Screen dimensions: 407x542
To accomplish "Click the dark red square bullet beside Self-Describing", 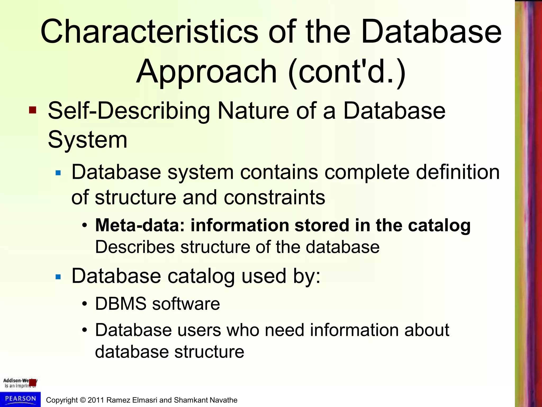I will (x=33, y=110).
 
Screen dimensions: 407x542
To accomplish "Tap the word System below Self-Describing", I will (x=88, y=140).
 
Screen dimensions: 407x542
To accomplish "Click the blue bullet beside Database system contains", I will (x=58, y=173).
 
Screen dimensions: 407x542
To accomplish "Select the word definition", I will (x=458, y=172).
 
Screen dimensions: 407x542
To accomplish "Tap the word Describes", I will (x=135, y=247).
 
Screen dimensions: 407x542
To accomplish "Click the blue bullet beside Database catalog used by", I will (x=58, y=277).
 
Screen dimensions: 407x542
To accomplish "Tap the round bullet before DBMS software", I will (x=84, y=304).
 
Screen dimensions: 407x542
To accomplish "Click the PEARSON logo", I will (x=20, y=399).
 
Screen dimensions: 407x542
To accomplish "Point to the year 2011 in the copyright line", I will (x=96, y=400).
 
